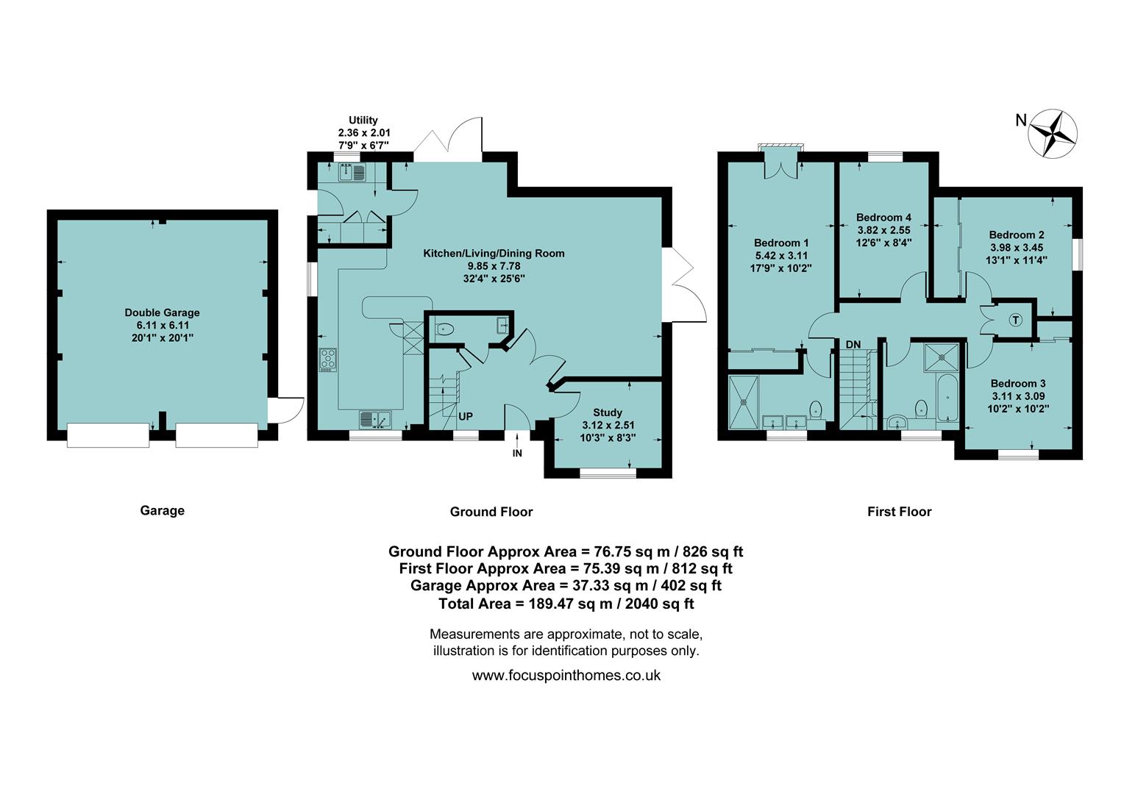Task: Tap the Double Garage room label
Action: [162, 312]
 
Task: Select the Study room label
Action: [607, 412]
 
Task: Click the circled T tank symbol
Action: [1015, 320]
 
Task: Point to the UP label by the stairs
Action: [466, 416]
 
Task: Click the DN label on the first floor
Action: [853, 344]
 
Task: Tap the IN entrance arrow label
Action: [517, 453]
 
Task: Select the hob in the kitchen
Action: [328, 359]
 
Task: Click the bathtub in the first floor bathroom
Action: [948, 398]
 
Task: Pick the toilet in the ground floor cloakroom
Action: [444, 329]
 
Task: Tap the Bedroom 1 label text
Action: [780, 243]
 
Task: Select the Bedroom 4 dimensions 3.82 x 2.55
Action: [883, 230]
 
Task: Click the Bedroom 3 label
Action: [1017, 383]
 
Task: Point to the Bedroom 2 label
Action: [1016, 235]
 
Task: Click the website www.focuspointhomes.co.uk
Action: [566, 675]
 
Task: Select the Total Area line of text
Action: [566, 604]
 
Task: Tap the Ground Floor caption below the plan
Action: [491, 512]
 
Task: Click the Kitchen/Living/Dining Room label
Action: [494, 253]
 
